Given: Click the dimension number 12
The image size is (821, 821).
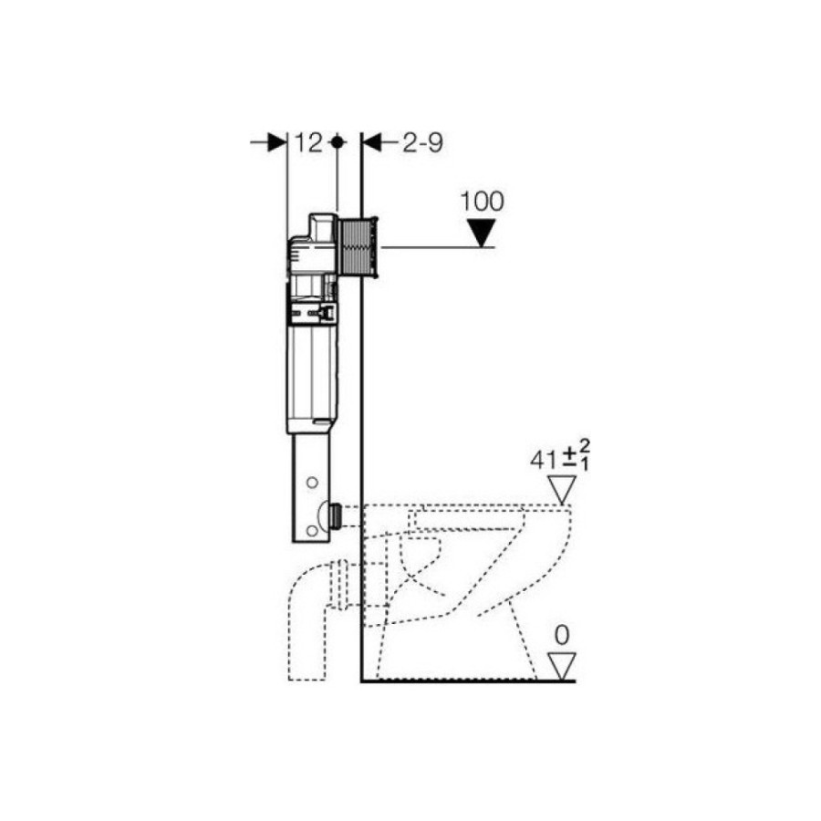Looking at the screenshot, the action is tap(309, 143).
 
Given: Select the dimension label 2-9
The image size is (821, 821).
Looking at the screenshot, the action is tap(422, 143).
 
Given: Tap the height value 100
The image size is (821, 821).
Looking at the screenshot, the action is tap(483, 202).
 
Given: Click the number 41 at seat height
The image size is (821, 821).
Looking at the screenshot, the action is tap(544, 461).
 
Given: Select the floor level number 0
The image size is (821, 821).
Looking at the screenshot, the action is tap(562, 636).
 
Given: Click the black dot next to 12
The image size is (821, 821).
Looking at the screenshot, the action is tap(338, 142).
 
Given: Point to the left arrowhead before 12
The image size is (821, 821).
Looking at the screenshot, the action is tap(277, 142).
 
